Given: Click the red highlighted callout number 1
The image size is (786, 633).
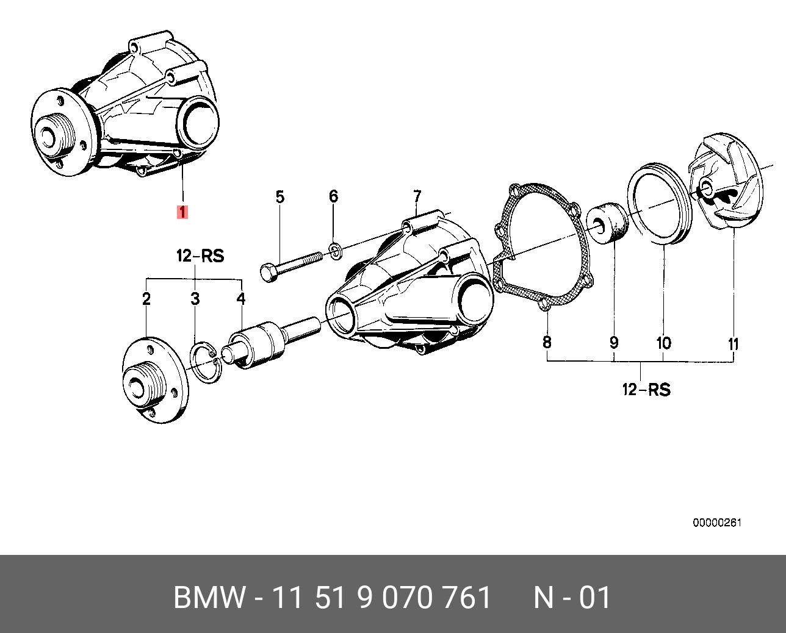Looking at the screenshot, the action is [x=182, y=212].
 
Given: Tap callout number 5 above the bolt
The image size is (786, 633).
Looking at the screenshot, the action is [x=279, y=197].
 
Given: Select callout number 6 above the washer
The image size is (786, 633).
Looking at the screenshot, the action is [x=333, y=196].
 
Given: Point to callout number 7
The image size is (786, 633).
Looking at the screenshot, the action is [x=417, y=197].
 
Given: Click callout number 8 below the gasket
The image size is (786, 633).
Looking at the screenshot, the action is [x=547, y=342].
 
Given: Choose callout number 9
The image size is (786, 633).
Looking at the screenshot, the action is [x=614, y=343].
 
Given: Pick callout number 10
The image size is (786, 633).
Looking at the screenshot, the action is [x=663, y=343].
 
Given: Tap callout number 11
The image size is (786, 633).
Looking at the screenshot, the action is [x=734, y=344].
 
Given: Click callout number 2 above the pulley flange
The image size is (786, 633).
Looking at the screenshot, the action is [x=146, y=299].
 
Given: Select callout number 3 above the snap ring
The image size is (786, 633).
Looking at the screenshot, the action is [x=195, y=299].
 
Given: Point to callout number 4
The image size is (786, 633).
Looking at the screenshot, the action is [x=241, y=299].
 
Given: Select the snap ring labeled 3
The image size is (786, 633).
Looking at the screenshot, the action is [x=205, y=363].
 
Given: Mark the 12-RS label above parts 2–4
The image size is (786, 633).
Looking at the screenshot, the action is [x=200, y=256].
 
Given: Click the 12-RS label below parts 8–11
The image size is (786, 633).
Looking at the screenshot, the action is [x=646, y=390].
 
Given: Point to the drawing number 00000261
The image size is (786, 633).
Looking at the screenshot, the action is [x=717, y=523].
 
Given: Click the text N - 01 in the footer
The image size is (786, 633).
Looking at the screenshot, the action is [x=572, y=598].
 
